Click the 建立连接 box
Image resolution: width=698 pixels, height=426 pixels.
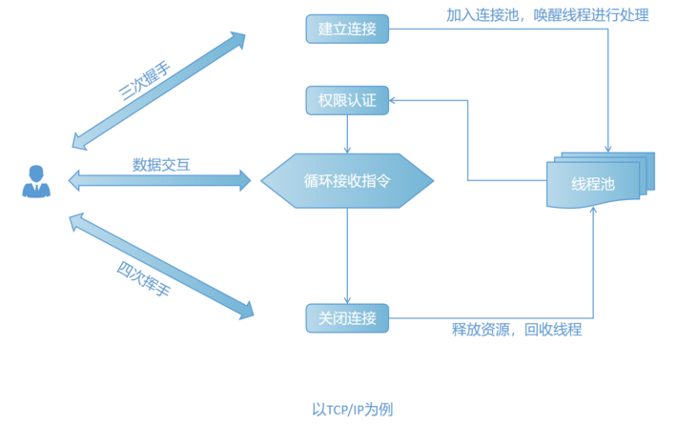347,30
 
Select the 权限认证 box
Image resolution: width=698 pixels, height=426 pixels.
347,100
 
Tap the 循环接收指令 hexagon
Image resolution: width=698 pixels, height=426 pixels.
347,180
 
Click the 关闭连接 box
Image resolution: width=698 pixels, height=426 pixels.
347,317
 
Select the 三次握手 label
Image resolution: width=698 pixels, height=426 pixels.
143,83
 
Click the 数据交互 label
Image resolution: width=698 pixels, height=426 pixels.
160,164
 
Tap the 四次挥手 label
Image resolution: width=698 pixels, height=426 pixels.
142,277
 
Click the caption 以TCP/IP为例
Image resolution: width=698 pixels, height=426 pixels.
352,409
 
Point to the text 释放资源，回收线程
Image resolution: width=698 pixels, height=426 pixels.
516,330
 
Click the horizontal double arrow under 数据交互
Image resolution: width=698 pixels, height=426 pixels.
159,179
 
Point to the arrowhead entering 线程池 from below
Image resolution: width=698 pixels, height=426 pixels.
594,211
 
